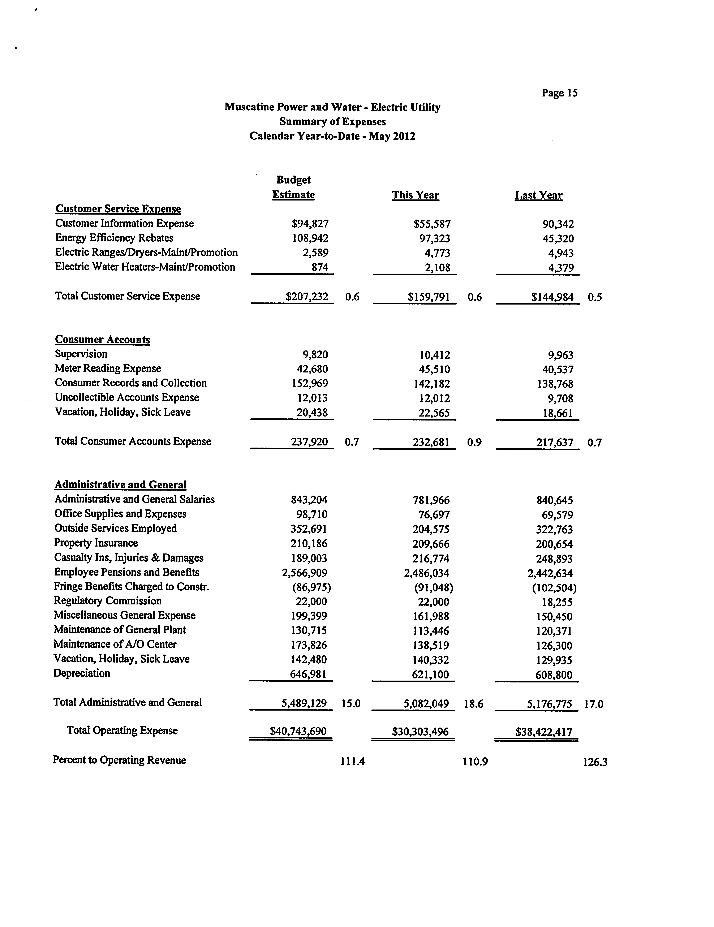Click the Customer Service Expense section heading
click(x=118, y=209)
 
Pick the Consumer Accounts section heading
click(x=102, y=340)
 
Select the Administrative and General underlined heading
click(x=121, y=485)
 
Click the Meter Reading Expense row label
click(x=108, y=368)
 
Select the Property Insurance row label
click(x=96, y=543)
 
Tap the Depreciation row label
click(x=82, y=673)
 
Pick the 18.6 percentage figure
click(x=473, y=704)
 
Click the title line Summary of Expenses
click(x=332, y=122)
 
